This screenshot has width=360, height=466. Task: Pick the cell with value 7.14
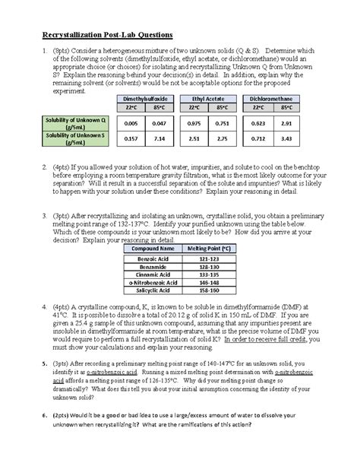pos(159,139)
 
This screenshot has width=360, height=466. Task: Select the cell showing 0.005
pos(130,122)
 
